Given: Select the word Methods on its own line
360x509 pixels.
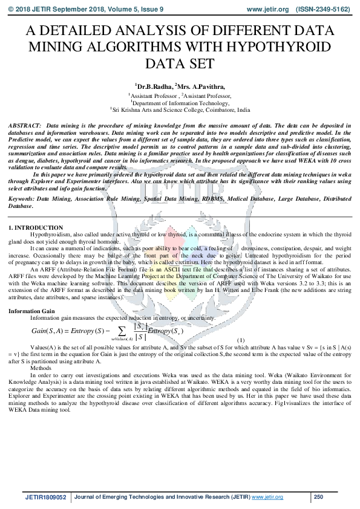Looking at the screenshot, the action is point(41,367).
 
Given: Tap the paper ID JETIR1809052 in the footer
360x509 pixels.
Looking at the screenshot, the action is point(46,497).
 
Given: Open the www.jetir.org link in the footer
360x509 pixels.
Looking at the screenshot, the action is point(267,497).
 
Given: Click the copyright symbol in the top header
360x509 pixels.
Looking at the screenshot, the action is point(11,10).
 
